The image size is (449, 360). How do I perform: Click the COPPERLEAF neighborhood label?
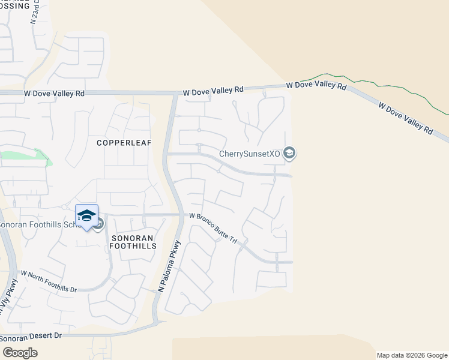(124, 143)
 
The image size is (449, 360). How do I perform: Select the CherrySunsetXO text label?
(249, 154)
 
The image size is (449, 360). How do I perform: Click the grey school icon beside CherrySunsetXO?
(289, 154)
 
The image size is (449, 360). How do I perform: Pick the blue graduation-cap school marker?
(86, 216)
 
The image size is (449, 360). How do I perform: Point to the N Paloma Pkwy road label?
(170, 266)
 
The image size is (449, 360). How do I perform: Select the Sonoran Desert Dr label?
(31, 337)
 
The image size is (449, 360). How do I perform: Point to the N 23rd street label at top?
(34, 11)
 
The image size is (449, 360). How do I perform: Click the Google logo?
(20, 352)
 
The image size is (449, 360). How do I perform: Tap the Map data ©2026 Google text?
(412, 355)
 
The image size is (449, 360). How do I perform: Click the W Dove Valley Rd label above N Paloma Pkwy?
(213, 91)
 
